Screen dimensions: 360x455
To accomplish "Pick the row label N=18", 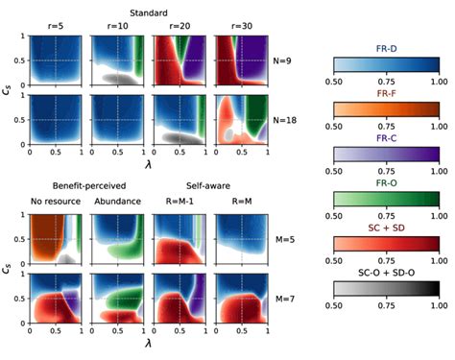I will click(x=284, y=119).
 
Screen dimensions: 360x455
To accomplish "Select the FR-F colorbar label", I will click(x=388, y=98).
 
